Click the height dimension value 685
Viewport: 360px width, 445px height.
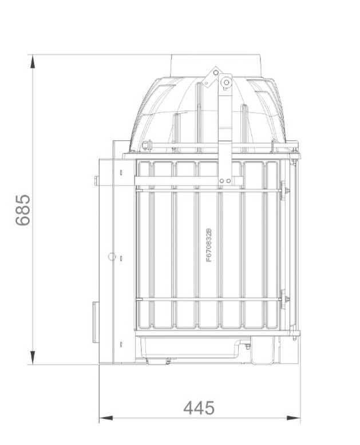click(x=23, y=210)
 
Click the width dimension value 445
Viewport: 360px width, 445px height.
click(x=199, y=408)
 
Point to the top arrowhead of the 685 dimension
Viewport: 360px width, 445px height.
click(x=33, y=62)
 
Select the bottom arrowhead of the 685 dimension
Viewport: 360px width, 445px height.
click(x=33, y=357)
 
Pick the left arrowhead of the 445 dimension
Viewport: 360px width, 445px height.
click(x=106, y=418)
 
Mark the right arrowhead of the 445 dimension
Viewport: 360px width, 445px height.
click(x=294, y=418)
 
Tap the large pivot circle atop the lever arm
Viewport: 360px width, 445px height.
click(x=226, y=82)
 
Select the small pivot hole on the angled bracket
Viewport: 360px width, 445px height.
click(x=216, y=73)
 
